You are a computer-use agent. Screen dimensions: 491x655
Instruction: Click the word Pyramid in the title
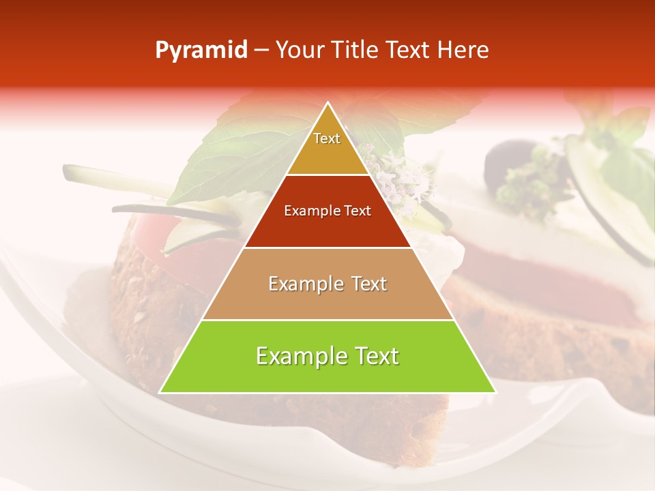click(x=201, y=50)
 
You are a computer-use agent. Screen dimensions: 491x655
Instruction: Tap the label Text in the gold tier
click(x=327, y=138)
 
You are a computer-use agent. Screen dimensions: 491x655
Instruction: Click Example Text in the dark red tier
click(x=327, y=211)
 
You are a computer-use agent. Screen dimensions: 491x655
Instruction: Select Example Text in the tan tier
click(x=327, y=284)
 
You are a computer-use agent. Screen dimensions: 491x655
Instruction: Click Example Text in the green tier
click(x=327, y=356)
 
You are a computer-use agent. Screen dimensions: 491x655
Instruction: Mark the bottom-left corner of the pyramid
click(x=160, y=393)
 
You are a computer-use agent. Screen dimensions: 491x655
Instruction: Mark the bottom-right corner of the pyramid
click(x=496, y=393)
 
